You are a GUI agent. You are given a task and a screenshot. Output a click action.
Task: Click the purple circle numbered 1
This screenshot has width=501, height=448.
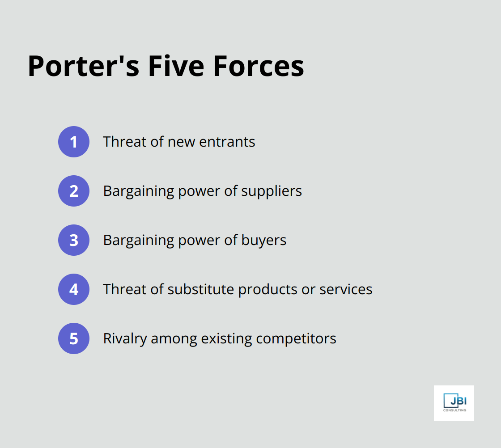pos(74,142)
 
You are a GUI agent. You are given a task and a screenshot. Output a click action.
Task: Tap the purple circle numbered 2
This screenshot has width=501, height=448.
pos(74,191)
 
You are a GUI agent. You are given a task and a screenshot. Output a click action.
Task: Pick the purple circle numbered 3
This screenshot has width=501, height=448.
pos(74,240)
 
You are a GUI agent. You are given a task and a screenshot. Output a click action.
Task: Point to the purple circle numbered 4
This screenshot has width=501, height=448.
pos(74,289)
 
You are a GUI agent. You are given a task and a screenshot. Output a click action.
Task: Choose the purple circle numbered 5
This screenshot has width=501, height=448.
pos(74,338)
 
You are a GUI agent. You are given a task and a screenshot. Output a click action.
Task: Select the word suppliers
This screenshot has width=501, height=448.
pos(272,191)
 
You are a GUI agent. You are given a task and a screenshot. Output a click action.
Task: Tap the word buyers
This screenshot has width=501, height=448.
pos(264,241)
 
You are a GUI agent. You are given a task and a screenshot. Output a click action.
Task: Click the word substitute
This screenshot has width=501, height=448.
pos(201,289)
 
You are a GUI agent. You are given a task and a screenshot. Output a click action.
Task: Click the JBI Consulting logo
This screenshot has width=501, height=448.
pos(454,403)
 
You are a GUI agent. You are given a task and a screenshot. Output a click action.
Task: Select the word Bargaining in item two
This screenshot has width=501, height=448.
pos(139,191)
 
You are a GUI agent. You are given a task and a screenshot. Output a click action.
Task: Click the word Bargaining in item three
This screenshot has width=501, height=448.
pos(139,241)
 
